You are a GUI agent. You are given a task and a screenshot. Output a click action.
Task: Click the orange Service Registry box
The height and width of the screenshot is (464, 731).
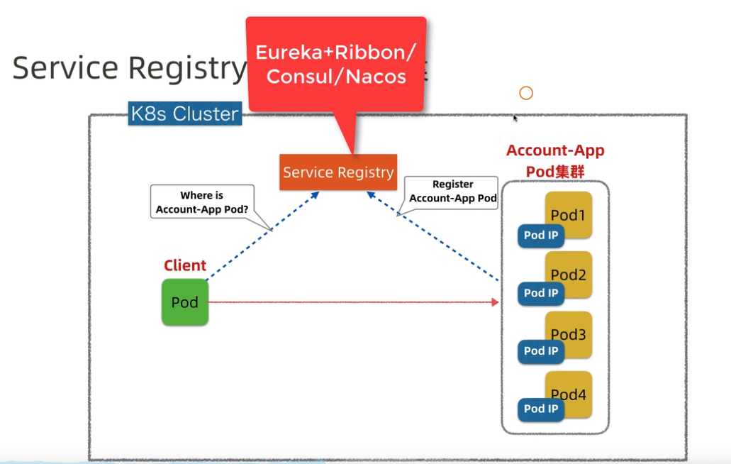pos(338,172)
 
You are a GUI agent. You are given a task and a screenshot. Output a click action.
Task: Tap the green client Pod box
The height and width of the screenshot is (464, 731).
pos(184,302)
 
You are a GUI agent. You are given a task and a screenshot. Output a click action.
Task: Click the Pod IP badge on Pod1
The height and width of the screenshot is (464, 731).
pos(540,236)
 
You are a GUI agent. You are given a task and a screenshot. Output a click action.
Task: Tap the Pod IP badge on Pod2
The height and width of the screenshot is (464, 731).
pos(540,294)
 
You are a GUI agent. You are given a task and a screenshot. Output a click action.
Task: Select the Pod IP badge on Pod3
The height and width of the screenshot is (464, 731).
pos(540,351)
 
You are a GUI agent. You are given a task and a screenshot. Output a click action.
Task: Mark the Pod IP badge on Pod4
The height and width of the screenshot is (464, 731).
pos(540,409)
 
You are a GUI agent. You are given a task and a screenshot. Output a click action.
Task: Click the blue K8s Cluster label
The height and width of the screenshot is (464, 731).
pos(184,114)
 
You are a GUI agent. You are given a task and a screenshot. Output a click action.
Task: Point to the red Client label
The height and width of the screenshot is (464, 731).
pos(185,265)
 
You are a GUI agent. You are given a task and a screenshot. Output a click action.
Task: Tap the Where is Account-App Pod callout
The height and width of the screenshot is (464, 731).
pos(202,202)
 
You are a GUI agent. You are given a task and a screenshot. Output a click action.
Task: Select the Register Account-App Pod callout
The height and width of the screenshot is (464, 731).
pos(452,192)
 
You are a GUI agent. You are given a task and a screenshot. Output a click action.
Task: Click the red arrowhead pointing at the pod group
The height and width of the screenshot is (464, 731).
pos(495,302)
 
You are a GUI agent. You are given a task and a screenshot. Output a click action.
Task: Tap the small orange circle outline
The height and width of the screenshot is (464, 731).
pos(525,93)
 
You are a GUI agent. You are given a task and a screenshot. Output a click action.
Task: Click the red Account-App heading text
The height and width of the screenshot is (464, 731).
pos(555,151)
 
